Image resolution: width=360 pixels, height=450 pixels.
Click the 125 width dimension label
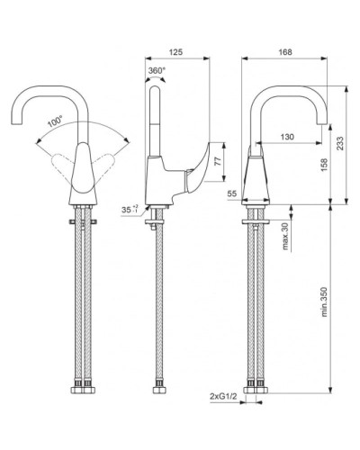[x=175, y=52]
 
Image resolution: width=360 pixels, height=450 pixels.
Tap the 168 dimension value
[x=285, y=52]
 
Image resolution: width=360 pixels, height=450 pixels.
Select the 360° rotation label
[x=157, y=71]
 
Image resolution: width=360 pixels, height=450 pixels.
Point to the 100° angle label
[x=55, y=121]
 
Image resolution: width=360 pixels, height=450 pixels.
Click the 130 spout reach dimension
[x=287, y=137]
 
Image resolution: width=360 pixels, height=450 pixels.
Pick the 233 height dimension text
[x=339, y=144]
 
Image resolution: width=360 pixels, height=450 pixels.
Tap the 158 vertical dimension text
[x=324, y=165]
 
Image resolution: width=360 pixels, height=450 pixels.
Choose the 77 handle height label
[x=218, y=161]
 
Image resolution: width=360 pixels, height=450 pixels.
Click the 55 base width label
[x=232, y=193]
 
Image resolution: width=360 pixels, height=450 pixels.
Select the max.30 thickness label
[x=285, y=236]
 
